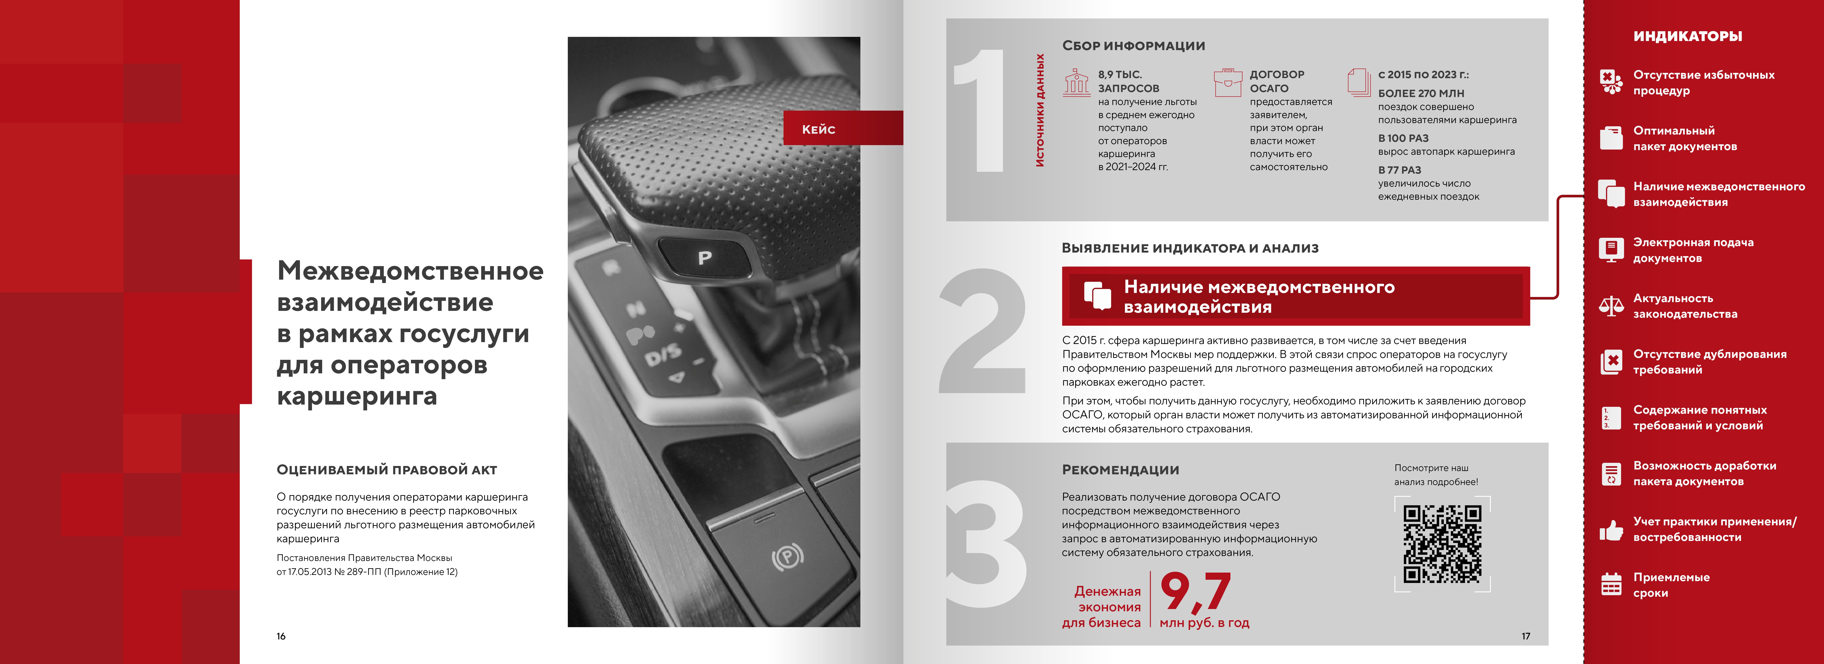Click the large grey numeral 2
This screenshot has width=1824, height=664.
(x=983, y=331)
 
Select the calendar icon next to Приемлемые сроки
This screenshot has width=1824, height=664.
(x=1612, y=585)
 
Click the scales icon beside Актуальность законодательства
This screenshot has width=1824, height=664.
(x=1612, y=306)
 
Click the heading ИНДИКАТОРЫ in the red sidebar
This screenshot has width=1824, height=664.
(x=1687, y=36)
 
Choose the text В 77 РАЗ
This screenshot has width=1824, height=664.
(x=1399, y=170)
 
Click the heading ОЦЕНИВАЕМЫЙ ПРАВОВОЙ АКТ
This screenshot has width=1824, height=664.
(x=387, y=470)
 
